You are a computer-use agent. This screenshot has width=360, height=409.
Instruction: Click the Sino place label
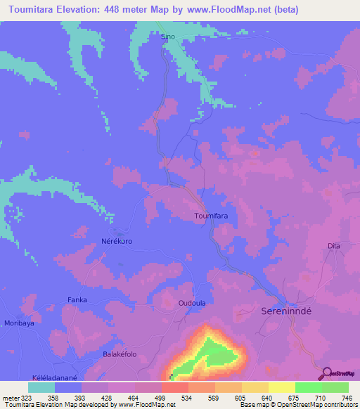click(167, 36)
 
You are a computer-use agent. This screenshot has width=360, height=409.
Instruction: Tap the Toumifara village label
click(212, 216)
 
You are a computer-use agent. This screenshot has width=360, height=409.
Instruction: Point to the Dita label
click(334, 245)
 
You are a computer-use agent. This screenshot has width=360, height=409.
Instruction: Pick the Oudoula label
click(191, 303)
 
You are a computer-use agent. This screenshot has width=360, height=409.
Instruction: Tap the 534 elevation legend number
click(184, 398)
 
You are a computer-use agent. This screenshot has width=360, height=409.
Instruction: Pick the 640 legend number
click(264, 398)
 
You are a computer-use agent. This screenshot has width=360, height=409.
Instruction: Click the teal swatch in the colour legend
click(41, 387)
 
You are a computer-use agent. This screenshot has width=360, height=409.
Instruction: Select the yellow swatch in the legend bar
click(282, 387)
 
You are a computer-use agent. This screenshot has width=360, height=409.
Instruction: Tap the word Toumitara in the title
click(35, 10)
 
